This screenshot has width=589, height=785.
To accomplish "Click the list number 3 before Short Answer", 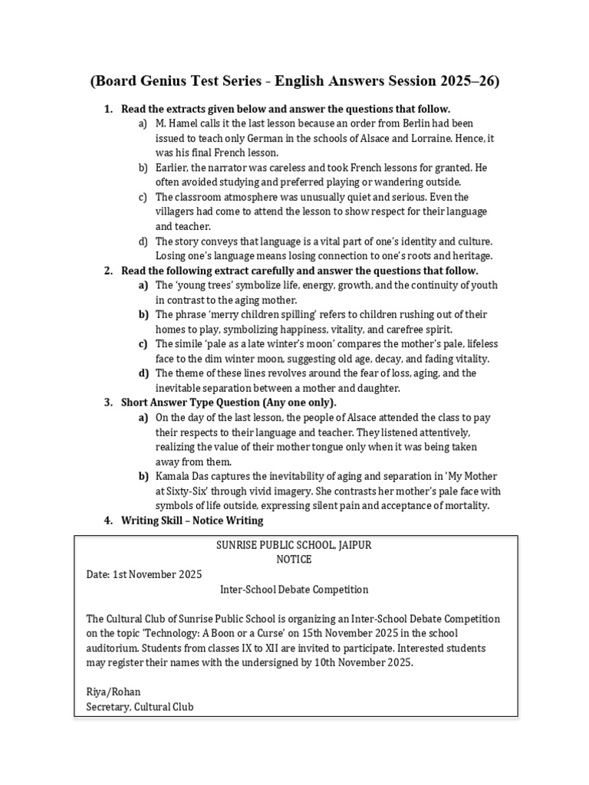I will (x=107, y=402).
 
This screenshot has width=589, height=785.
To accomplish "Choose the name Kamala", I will (x=173, y=476).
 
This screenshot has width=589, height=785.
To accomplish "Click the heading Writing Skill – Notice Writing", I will (x=192, y=521).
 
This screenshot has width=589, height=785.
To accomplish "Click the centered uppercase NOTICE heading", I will (x=294, y=560).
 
